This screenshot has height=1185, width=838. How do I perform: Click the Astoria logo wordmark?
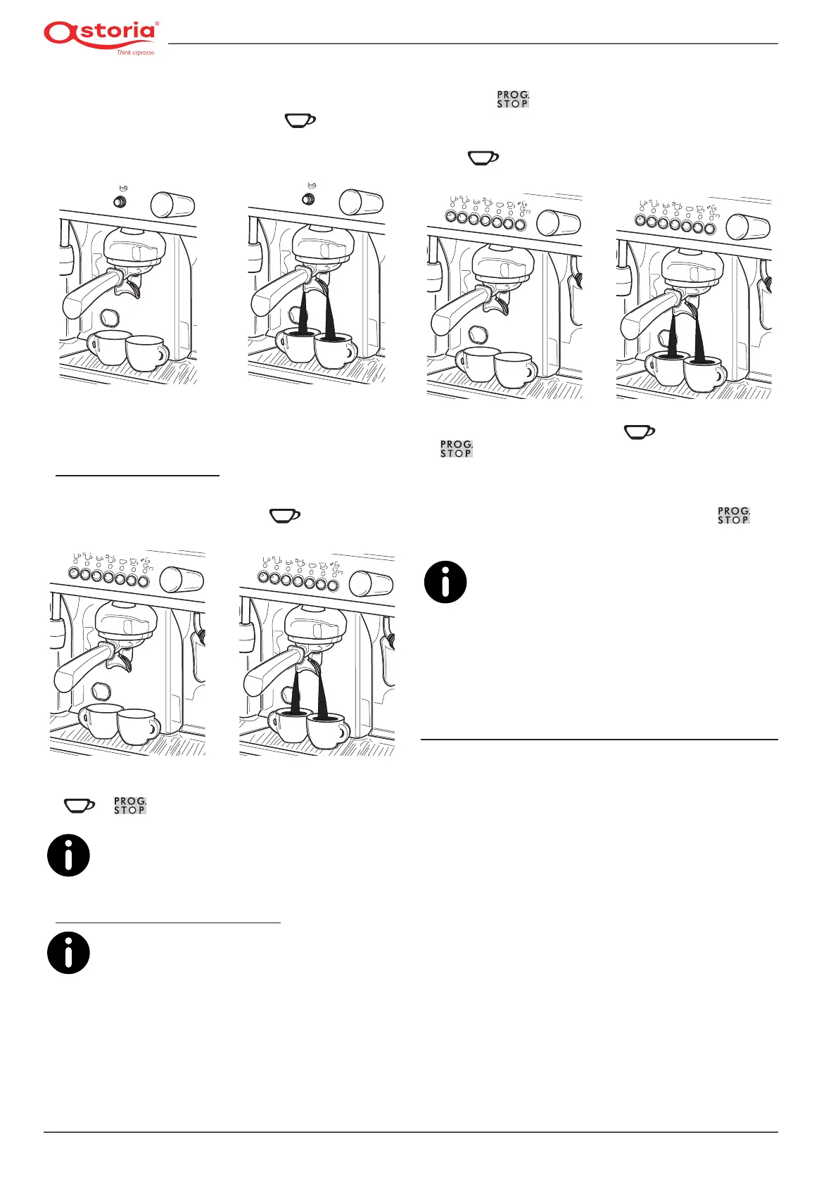(x=100, y=33)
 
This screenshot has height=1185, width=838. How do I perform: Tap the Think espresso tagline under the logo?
(x=135, y=53)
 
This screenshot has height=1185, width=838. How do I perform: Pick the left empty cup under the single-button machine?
(x=109, y=347)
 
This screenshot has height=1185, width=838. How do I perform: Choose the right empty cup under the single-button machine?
(x=146, y=353)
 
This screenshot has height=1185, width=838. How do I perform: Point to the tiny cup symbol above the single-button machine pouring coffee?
(x=309, y=186)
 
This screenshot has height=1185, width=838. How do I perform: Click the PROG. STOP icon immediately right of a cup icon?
(x=129, y=805)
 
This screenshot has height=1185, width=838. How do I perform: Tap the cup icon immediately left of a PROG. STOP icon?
(x=79, y=805)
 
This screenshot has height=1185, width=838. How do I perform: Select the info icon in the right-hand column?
(x=445, y=582)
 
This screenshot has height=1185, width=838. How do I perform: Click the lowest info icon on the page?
(x=68, y=953)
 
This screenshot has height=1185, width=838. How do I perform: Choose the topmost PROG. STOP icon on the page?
(x=513, y=99)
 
